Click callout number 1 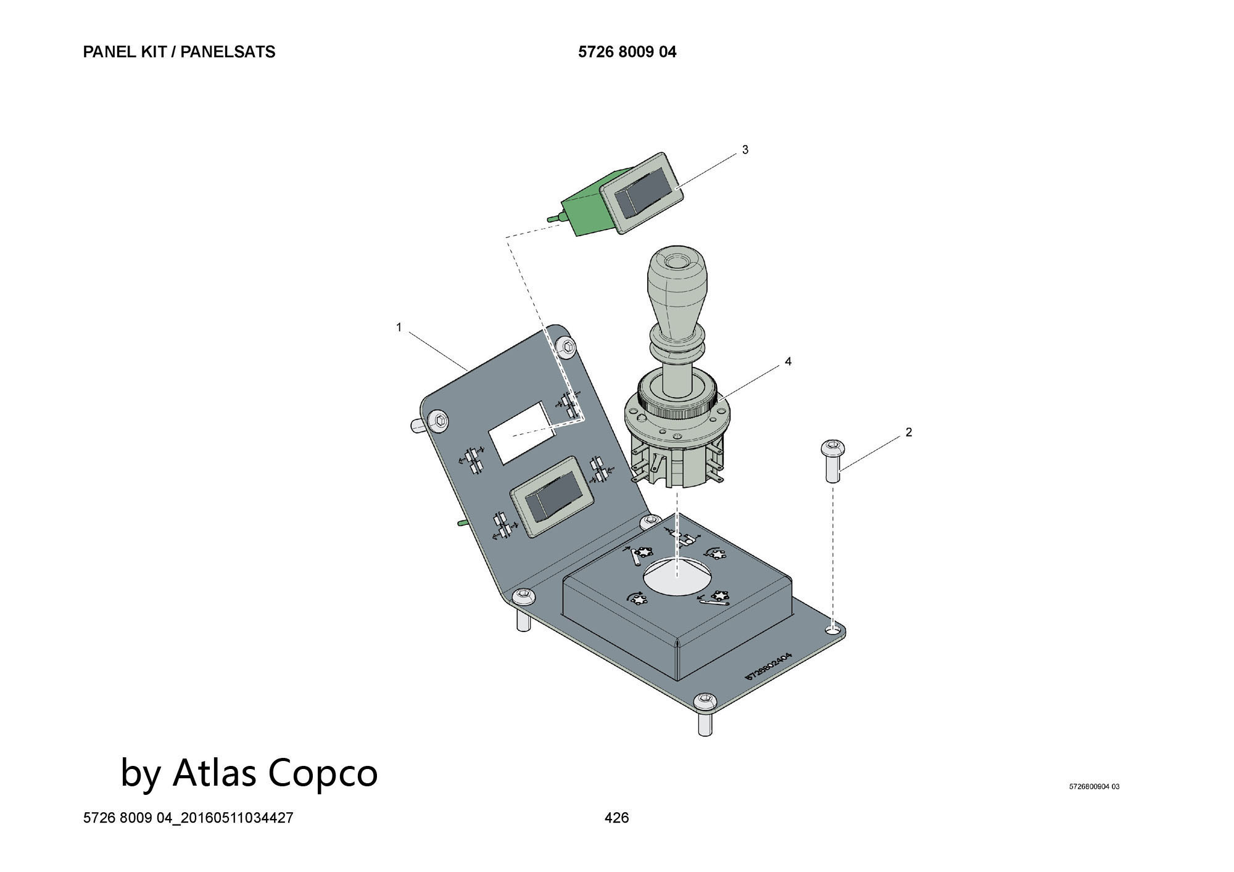(x=399, y=327)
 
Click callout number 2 (x=908, y=432)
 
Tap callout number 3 (x=745, y=150)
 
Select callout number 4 (x=788, y=362)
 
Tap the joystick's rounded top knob (x=676, y=274)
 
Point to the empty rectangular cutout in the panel (x=522, y=432)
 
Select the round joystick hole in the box (x=677, y=575)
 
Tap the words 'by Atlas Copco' (x=249, y=773)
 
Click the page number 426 (x=616, y=818)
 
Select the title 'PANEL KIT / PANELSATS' (x=179, y=52)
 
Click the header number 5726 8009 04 (x=627, y=52)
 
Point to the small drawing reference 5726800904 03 (x=1094, y=786)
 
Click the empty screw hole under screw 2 (x=834, y=630)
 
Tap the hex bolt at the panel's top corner (x=566, y=347)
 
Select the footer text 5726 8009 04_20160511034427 (x=188, y=818)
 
